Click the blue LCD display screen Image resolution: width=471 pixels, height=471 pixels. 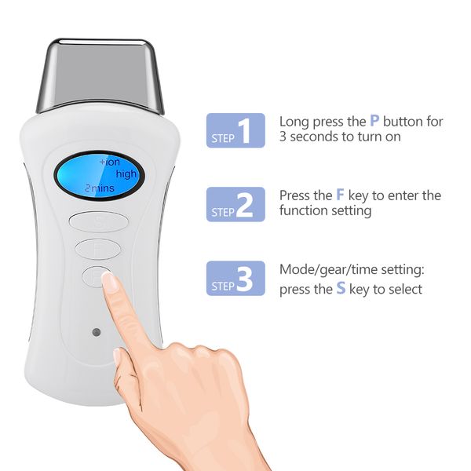click(98, 174)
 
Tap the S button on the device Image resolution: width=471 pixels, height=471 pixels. click(98, 221)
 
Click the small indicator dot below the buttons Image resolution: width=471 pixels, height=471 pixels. click(94, 331)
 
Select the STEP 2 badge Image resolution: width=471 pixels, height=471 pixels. click(235, 203)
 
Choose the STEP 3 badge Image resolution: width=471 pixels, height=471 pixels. click(235, 279)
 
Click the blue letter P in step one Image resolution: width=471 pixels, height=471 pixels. click(374, 121)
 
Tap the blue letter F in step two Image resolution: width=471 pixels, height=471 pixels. click(339, 195)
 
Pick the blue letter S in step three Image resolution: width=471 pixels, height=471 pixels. click(341, 289)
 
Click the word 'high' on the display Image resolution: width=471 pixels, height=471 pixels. click(126, 173)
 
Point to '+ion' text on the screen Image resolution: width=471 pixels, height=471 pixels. click(109, 161)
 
